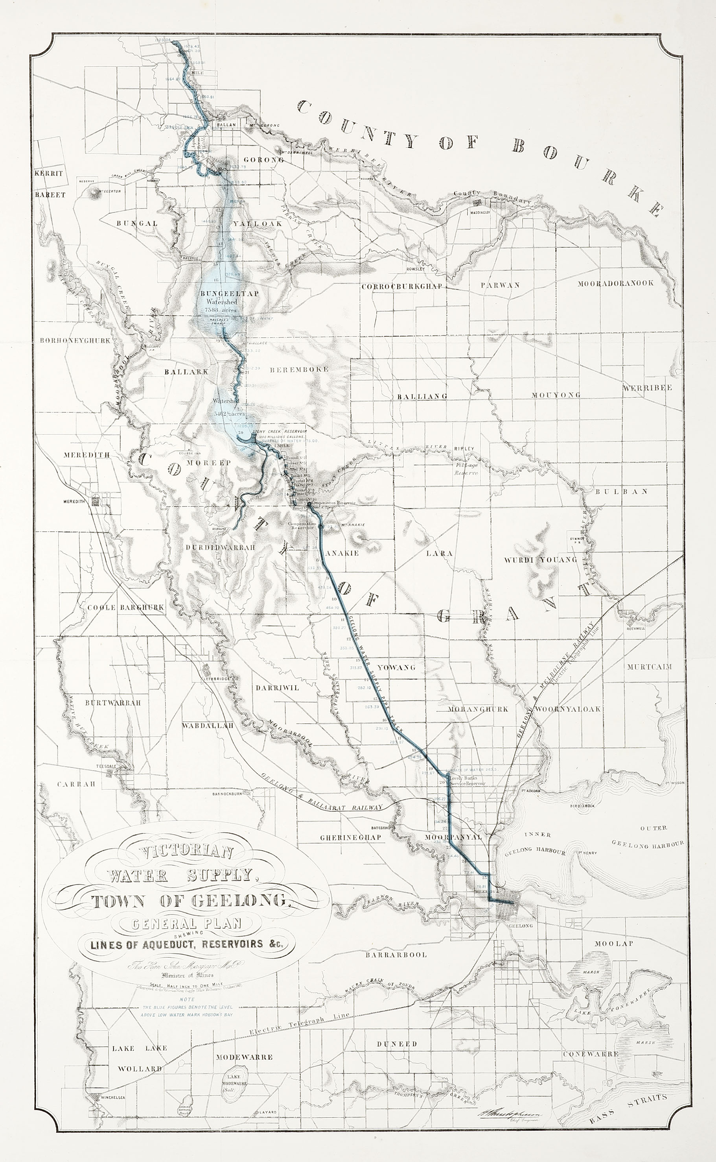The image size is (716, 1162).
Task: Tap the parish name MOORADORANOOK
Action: click(615, 283)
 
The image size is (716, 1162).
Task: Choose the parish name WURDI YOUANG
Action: click(540, 559)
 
